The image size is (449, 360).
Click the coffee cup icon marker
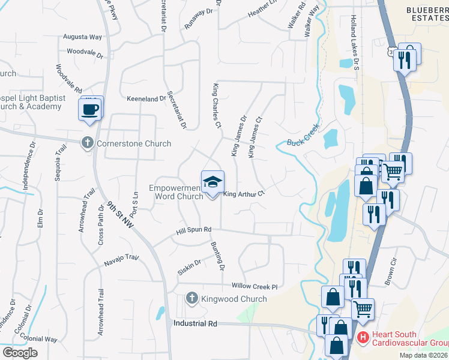coord(91,110)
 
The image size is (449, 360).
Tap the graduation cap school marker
coord(212,182)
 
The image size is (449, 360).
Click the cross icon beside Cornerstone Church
coord(88,143)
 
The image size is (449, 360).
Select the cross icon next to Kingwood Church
coord(192,298)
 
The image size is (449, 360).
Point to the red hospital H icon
coord(363,338)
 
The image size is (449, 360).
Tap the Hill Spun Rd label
coord(194,230)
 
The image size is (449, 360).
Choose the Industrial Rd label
coord(195,323)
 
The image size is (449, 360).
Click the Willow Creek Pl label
coord(250,287)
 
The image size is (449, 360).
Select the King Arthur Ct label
coord(244,194)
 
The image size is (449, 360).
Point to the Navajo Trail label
coord(121,258)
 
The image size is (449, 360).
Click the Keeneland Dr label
coord(146,98)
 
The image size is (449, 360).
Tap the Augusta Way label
coord(84,37)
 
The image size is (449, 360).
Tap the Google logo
coord(20,353)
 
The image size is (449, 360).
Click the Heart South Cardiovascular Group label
coord(409,338)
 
